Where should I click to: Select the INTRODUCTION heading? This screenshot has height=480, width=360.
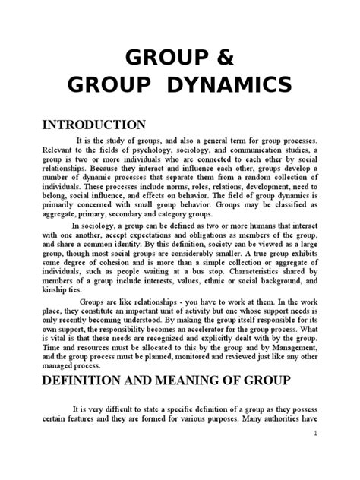93,125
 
